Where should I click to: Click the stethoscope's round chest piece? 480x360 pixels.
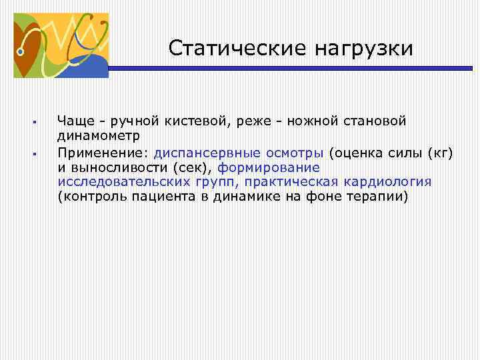pos(22,49)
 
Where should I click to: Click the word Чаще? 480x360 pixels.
pos(75,121)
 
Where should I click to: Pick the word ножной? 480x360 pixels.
pos(298,121)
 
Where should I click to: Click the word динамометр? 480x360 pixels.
pos(99,136)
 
